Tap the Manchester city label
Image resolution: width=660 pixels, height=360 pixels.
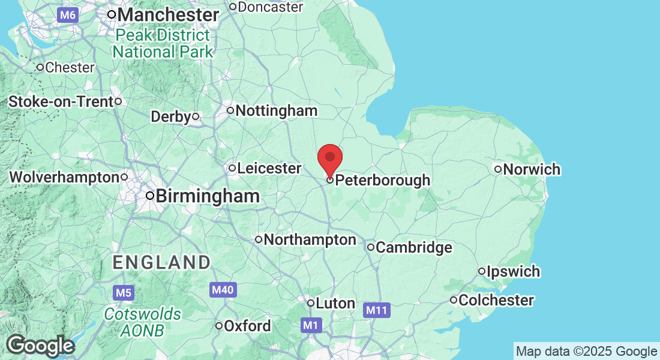click(x=167, y=14)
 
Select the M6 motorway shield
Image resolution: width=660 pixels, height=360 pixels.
click(x=68, y=15)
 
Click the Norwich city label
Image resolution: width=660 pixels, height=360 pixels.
click(x=532, y=169)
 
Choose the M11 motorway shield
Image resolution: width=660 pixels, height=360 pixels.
click(x=377, y=310)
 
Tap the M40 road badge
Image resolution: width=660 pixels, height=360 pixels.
click(x=223, y=290)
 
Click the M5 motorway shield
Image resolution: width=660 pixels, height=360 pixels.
click(x=123, y=293)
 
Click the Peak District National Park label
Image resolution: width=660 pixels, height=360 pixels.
click(x=163, y=44)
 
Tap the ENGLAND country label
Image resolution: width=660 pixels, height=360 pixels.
click(x=162, y=262)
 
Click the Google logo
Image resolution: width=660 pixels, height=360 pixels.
click(x=40, y=346)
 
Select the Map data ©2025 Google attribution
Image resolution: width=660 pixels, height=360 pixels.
click(x=586, y=352)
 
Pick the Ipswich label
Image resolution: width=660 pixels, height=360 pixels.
click(x=513, y=272)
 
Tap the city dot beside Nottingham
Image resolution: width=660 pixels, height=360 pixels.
click(x=230, y=110)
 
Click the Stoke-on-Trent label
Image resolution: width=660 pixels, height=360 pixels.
click(x=61, y=102)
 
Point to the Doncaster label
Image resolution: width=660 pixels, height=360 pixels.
click(x=271, y=7)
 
